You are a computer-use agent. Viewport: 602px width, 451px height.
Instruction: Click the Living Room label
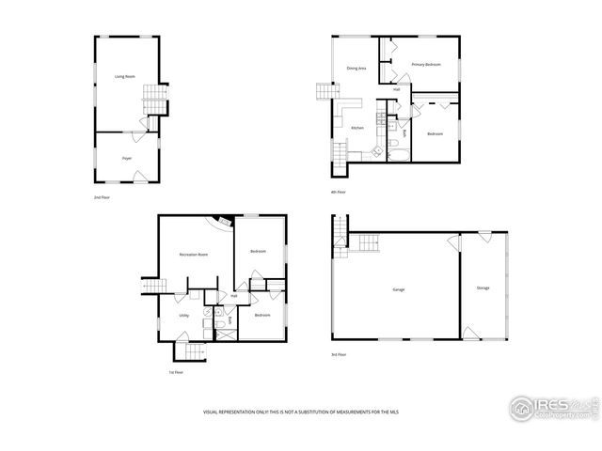coord(120,75)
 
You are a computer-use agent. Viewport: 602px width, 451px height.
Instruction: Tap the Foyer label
coord(126,158)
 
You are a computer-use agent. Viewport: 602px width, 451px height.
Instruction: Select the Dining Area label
coord(356,69)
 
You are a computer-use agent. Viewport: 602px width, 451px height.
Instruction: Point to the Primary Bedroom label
coord(426,64)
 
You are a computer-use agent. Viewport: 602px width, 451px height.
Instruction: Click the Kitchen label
coord(357,128)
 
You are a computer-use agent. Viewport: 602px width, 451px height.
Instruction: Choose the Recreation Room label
coord(194,255)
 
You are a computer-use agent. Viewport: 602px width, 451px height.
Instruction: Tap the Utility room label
coord(184,315)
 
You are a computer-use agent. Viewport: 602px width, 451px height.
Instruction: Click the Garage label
coord(399,289)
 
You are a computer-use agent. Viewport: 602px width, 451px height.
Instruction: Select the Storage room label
coord(483,288)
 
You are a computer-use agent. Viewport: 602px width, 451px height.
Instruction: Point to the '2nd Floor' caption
coord(102,198)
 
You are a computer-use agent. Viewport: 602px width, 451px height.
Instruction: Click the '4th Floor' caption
coord(339,192)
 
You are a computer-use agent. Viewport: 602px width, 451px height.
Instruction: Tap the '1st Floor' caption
coord(175,372)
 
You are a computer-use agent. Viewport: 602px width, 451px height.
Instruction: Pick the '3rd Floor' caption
coord(339,354)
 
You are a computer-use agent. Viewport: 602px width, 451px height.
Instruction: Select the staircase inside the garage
coord(364,242)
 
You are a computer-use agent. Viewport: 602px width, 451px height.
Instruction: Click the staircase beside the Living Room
coord(153,97)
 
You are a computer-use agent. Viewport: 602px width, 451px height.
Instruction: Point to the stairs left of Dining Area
coord(325,92)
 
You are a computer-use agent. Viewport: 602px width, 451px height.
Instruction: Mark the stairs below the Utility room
coord(192,352)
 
